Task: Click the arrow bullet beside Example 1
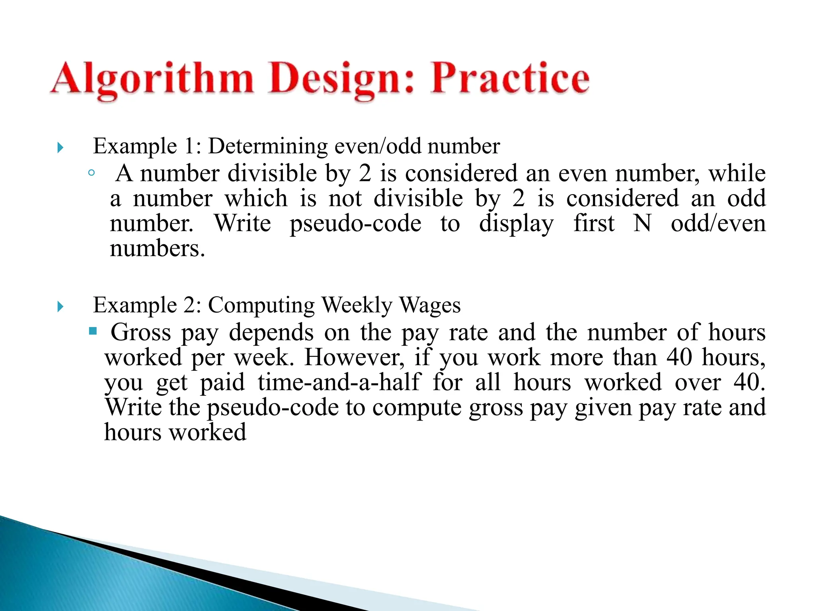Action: [x=60, y=148]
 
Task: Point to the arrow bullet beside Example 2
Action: [x=60, y=307]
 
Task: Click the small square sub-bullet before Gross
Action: [x=93, y=331]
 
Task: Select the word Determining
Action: [x=268, y=146]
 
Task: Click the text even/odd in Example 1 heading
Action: [x=378, y=146]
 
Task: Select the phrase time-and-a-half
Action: [x=339, y=382]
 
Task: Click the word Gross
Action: [x=140, y=332]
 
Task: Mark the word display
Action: [x=516, y=224]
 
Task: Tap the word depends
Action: [x=271, y=332]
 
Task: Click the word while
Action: [x=737, y=173]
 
